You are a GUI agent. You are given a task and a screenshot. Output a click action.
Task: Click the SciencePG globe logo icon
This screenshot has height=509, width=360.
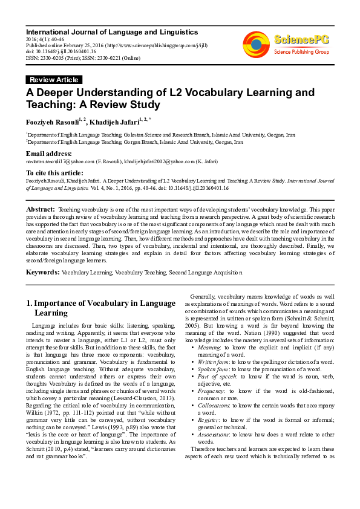tap(256, 44)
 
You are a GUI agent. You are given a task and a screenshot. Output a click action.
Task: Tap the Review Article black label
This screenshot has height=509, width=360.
tap(53, 80)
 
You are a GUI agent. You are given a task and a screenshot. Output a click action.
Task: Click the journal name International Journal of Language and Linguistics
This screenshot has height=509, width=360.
tap(112, 31)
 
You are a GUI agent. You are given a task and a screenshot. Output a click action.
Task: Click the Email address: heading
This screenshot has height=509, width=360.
tap(49, 154)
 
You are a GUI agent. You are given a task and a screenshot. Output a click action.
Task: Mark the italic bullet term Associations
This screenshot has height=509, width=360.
tap(215, 434)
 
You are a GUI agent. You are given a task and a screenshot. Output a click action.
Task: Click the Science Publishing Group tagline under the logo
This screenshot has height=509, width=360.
tap(301, 53)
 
